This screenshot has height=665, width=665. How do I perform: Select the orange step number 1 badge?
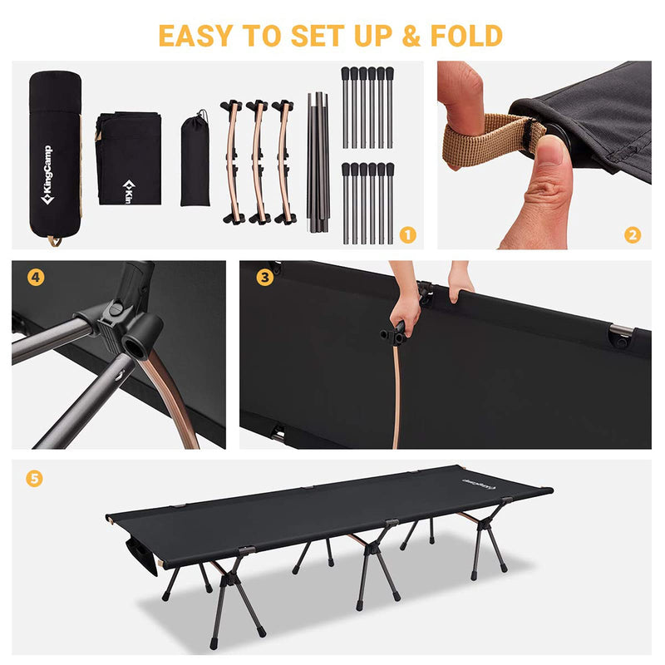pyautogui.click(x=407, y=234)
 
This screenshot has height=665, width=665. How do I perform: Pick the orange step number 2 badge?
pyautogui.click(x=633, y=234)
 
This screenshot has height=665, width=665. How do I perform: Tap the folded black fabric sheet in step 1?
pyautogui.click(x=128, y=158)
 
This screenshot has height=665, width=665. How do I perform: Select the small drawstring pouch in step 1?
pyautogui.click(x=195, y=162)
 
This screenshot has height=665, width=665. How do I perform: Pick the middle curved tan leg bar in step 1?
pyautogui.click(x=258, y=162)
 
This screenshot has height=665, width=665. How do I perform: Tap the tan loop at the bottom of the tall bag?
pyautogui.click(x=54, y=241)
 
